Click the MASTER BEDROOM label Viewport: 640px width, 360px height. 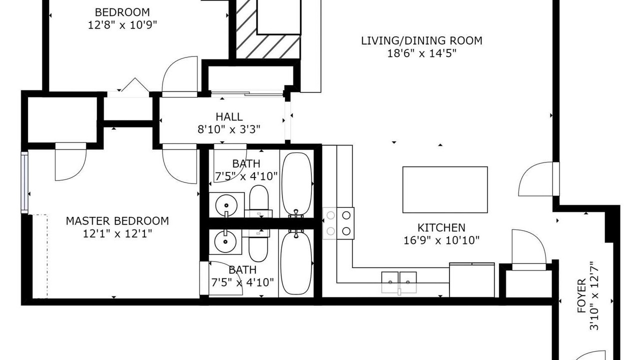[117, 221]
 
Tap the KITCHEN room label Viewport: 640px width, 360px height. [441, 227]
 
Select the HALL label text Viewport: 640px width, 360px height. [229, 116]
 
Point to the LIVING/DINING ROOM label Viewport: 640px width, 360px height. [421, 41]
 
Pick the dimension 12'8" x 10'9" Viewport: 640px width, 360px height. [122, 25]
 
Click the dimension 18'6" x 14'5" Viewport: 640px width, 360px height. [421, 53]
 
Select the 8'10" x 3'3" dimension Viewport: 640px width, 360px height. [229, 129]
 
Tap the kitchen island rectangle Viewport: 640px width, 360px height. [445, 189]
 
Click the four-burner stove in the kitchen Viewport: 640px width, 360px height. [338, 223]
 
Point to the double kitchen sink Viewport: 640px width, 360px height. [399, 282]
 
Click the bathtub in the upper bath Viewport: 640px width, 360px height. [297, 183]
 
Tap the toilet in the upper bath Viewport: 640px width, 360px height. [259, 201]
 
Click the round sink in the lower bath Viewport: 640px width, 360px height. [225, 241]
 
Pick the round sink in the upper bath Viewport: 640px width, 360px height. [226, 205]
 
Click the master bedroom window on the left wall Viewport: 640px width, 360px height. [25, 182]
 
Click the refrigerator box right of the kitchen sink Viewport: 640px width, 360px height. [471, 280]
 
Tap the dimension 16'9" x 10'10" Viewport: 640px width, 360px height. [441, 240]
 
